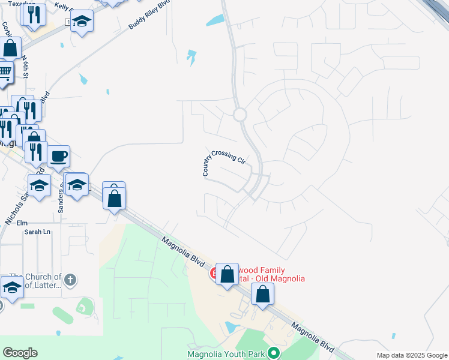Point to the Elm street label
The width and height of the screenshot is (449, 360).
[x=22, y=223]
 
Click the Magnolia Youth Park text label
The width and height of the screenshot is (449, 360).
[x=226, y=354]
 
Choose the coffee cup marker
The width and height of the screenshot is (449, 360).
[x=58, y=157]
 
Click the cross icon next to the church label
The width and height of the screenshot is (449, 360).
[x=70, y=279]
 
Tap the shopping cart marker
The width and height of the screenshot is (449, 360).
[x=5, y=72]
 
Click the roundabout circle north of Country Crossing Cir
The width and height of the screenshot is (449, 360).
[x=240, y=114]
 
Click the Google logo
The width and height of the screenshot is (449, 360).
[x=20, y=353]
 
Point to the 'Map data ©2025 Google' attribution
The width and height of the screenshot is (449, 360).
[x=411, y=355]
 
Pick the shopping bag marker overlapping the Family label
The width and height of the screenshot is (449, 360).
[x=228, y=275]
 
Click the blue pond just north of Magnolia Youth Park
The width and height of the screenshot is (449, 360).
[x=230, y=327]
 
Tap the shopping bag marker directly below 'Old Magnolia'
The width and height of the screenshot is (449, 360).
[x=262, y=294]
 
